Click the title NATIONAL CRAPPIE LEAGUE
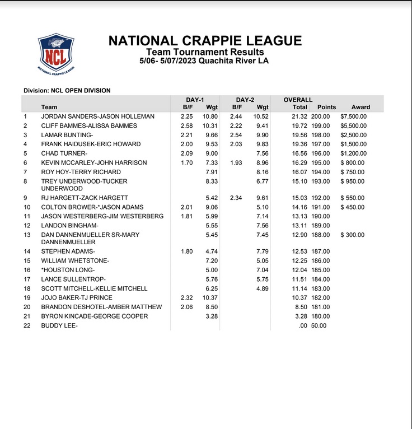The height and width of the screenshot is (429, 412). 205,41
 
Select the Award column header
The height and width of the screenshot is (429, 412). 360,107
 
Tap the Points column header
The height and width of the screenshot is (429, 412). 326,107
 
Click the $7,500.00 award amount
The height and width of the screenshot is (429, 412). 353,116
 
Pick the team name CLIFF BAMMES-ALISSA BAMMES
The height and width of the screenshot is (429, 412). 89,126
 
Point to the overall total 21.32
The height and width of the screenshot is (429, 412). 300,116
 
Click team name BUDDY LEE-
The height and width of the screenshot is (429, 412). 59,325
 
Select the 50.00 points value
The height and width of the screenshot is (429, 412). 319,325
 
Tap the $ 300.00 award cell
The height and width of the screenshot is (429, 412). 353,235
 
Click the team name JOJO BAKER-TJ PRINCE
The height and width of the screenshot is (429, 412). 77,297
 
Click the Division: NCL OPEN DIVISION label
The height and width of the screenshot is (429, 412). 67,90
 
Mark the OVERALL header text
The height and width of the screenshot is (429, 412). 298,100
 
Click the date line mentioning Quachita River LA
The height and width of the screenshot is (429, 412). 205,60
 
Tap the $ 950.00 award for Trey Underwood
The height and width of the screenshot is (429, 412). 353,181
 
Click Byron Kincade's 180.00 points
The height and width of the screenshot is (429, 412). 321,316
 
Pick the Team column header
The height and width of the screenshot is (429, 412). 49,107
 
